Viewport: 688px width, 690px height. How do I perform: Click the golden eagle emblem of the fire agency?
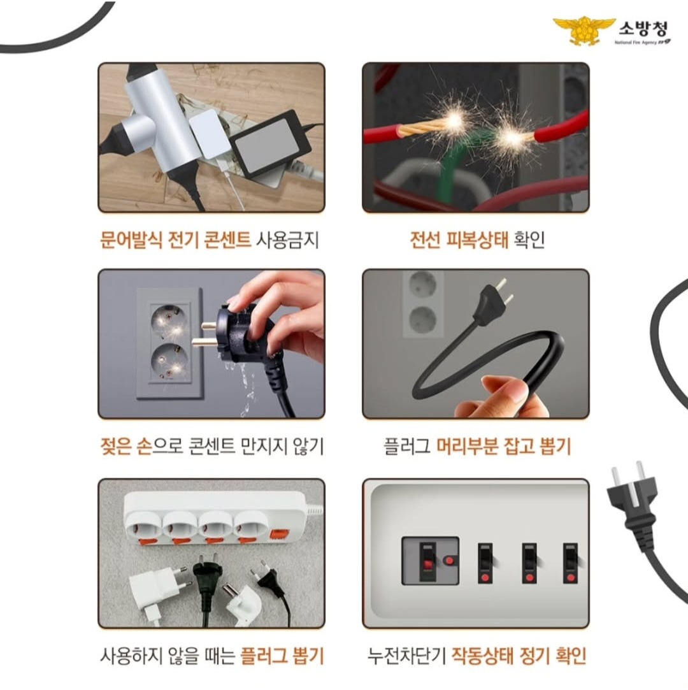coord(584,30)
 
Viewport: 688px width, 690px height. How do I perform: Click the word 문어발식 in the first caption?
coord(131,240)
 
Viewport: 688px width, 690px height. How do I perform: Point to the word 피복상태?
coord(477,240)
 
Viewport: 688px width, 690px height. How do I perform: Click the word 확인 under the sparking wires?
coord(529,240)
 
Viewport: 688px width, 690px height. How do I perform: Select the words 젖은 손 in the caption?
coord(125,447)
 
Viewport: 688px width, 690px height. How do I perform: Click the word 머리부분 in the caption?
coord(467,447)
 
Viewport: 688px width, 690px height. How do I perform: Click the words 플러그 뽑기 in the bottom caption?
coord(282,656)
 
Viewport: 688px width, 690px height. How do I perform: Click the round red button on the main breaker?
coord(448,561)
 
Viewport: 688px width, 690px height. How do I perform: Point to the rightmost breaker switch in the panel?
coord(571,563)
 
